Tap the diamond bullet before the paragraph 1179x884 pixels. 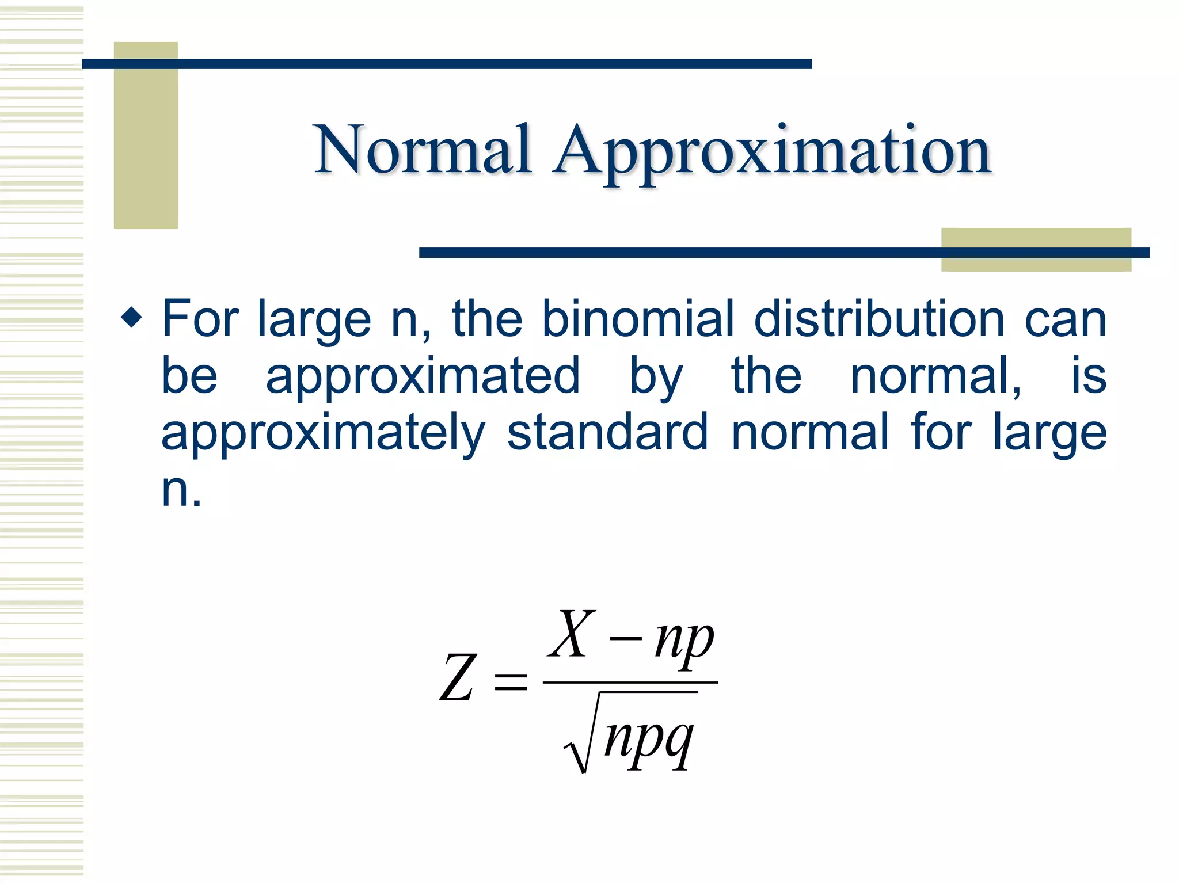(132, 317)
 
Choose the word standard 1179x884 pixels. (607, 433)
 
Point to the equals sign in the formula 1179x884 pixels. (511, 681)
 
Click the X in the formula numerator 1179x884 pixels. (571, 634)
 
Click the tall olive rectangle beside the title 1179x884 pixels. (146, 135)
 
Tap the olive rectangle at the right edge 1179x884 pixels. (1036, 249)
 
